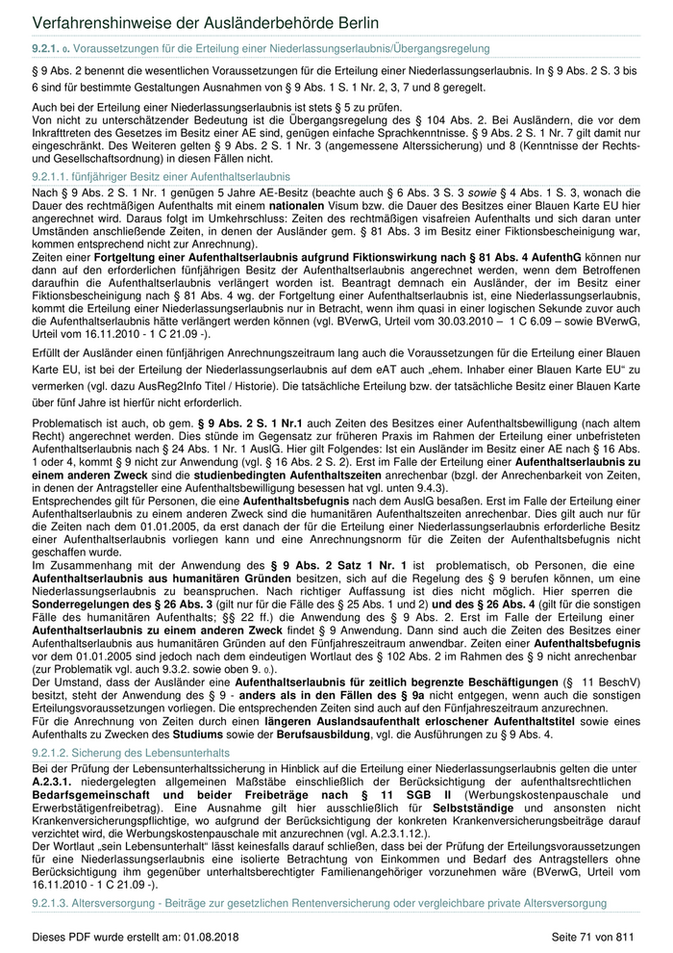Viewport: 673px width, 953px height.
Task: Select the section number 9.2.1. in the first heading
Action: coord(48,47)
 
